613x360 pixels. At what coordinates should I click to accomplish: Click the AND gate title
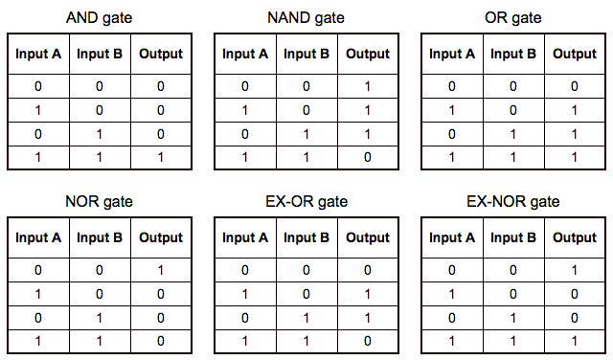pos(99,18)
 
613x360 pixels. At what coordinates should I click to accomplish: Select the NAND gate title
pos(305,18)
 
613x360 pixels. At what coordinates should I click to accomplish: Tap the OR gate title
pos(512,18)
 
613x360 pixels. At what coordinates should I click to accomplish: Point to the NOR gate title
pos(99,202)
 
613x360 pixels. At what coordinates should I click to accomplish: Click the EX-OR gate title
pos(306,202)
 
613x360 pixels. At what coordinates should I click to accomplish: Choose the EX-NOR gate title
pos(512,202)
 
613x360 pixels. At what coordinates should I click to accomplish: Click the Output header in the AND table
pos(160,55)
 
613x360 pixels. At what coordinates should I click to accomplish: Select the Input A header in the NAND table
pos(245,55)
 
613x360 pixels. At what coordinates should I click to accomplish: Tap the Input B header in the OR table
pos(513,55)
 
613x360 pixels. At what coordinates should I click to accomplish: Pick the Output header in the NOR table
pos(160,238)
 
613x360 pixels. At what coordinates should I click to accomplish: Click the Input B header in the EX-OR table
pos(306,238)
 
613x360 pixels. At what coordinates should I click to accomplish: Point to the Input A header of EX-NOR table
pos(452,238)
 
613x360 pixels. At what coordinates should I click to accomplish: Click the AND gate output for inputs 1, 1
pos(160,156)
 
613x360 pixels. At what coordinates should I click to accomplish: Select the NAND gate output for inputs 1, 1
pos(368,156)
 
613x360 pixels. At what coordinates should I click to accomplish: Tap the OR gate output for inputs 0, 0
pos(575,87)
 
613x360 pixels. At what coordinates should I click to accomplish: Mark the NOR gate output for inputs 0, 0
pos(160,271)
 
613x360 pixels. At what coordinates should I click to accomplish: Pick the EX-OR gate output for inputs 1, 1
pos(368,340)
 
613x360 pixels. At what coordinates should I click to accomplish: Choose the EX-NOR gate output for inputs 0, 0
pos(575,271)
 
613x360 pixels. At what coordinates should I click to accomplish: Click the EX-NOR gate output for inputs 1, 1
pos(575,340)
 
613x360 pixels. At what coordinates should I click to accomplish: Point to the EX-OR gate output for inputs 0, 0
pos(368,271)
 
